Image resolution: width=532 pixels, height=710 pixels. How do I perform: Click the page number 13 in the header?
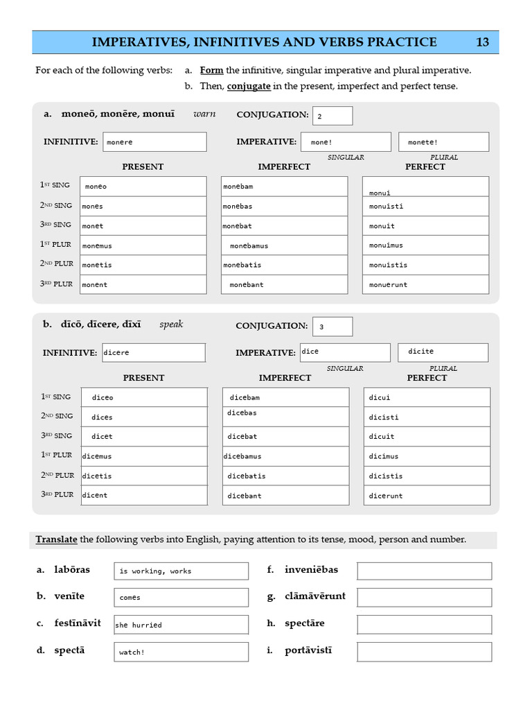coord(482,42)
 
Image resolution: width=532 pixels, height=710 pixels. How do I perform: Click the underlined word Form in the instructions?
coord(211,70)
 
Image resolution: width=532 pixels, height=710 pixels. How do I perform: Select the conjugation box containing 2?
coord(332,116)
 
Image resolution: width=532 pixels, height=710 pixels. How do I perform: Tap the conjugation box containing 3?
coord(332,327)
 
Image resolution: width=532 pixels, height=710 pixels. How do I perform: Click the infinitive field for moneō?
coord(155,142)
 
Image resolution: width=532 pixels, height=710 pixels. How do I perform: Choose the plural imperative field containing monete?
coord(443,142)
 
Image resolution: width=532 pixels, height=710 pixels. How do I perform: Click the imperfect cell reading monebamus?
coord(284,245)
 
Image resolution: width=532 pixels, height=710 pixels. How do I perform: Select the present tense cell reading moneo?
coord(143,187)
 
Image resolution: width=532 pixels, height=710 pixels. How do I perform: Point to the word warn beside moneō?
coord(204,114)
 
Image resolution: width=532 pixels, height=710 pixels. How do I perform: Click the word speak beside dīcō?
coord(171,324)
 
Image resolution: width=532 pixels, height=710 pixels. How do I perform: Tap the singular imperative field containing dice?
coord(345,352)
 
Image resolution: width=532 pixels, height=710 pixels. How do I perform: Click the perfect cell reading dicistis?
coord(427,476)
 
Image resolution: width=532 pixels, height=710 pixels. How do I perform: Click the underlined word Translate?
coord(57,539)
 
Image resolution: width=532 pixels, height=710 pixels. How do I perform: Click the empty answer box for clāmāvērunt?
coord(424,597)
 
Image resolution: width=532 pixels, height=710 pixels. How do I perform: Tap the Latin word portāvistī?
coord(308,650)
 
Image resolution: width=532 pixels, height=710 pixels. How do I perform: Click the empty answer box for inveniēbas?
coord(424,571)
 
